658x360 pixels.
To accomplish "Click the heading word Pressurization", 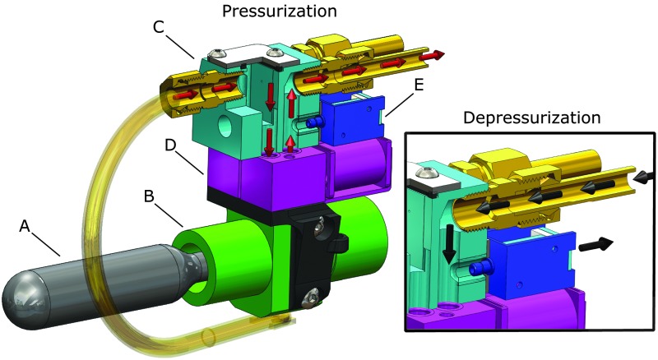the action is click(279, 11).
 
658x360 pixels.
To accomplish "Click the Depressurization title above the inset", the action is click(531, 118).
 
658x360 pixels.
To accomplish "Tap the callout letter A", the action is click(25, 227).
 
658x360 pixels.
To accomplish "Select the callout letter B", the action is click(149, 196).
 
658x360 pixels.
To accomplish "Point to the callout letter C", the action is click(158, 27).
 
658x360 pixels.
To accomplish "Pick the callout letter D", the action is click(170, 145).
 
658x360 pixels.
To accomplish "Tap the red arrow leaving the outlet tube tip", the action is click(433, 55).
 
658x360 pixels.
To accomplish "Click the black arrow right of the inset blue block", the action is click(595, 245).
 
